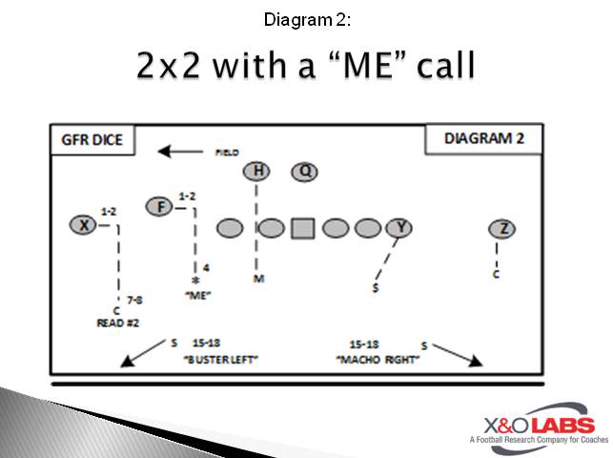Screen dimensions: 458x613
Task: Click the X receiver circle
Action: click(x=84, y=225)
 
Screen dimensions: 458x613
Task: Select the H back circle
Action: click(x=256, y=171)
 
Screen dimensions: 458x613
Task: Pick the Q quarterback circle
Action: click(x=305, y=171)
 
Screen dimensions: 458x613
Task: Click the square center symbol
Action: click(x=303, y=228)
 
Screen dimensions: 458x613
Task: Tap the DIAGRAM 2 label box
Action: click(x=484, y=138)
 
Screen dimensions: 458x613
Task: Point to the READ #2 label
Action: click(x=118, y=323)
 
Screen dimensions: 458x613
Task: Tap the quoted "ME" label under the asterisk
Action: click(x=196, y=296)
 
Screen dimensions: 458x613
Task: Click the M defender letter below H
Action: click(x=257, y=279)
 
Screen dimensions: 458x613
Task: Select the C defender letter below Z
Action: click(x=496, y=275)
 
